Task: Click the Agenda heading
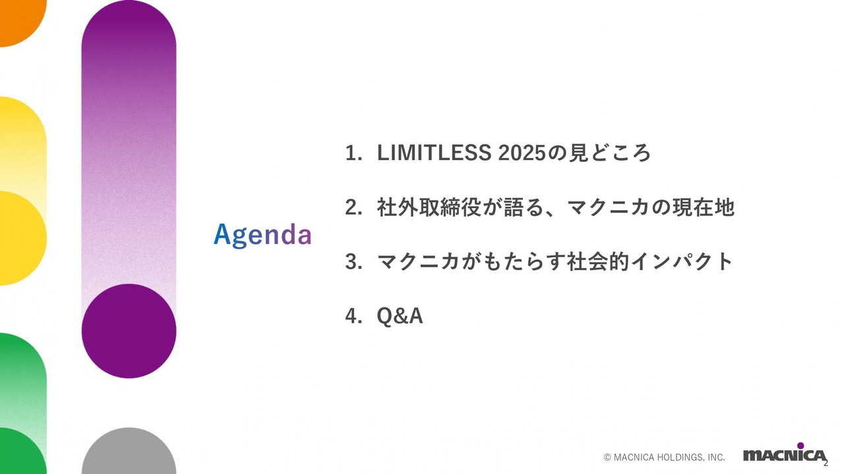coord(262,235)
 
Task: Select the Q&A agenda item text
coord(400,317)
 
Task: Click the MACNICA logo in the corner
coord(783,455)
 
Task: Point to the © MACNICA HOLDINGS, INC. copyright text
coord(664,457)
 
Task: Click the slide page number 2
coord(826,462)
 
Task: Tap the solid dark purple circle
coord(129,331)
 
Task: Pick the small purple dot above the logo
coord(800,446)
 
